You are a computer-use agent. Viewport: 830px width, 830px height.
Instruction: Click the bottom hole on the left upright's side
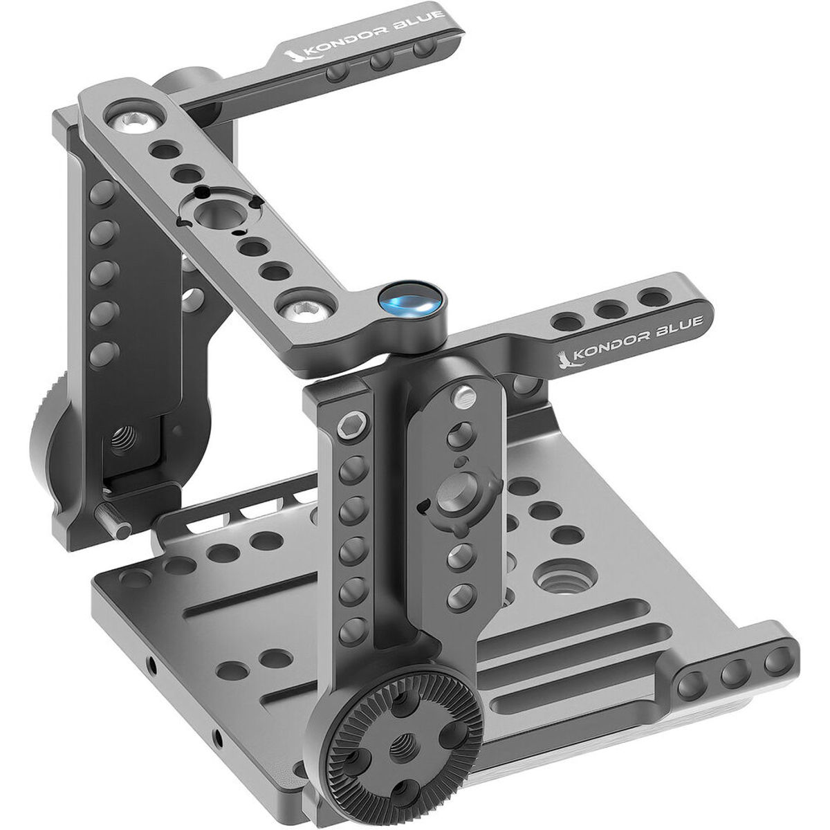pos(101,350)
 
